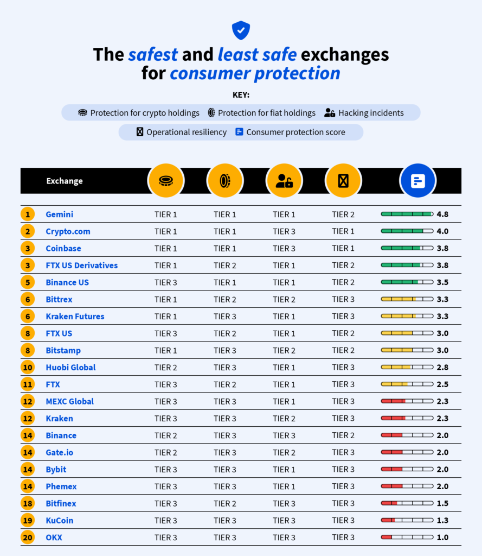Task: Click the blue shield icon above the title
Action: [241, 30]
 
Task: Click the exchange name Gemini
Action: [59, 214]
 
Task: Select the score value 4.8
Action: [442, 214]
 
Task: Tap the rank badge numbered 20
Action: [28, 538]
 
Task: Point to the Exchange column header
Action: [65, 181]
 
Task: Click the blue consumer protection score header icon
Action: [417, 181]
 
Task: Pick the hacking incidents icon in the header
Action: [284, 181]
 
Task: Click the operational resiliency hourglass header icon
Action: [343, 181]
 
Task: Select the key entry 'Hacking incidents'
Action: [364, 113]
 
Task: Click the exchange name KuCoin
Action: [60, 520]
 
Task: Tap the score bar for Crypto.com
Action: [407, 231]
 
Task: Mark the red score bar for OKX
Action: [407, 538]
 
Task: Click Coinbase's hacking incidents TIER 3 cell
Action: [284, 248]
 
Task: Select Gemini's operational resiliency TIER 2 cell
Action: [343, 214]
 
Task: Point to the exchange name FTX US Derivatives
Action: [81, 266]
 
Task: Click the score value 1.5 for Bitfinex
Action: [442, 503]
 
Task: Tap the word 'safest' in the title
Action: [153, 55]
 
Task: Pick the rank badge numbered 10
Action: [28, 368]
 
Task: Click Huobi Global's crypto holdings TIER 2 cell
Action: [165, 368]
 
